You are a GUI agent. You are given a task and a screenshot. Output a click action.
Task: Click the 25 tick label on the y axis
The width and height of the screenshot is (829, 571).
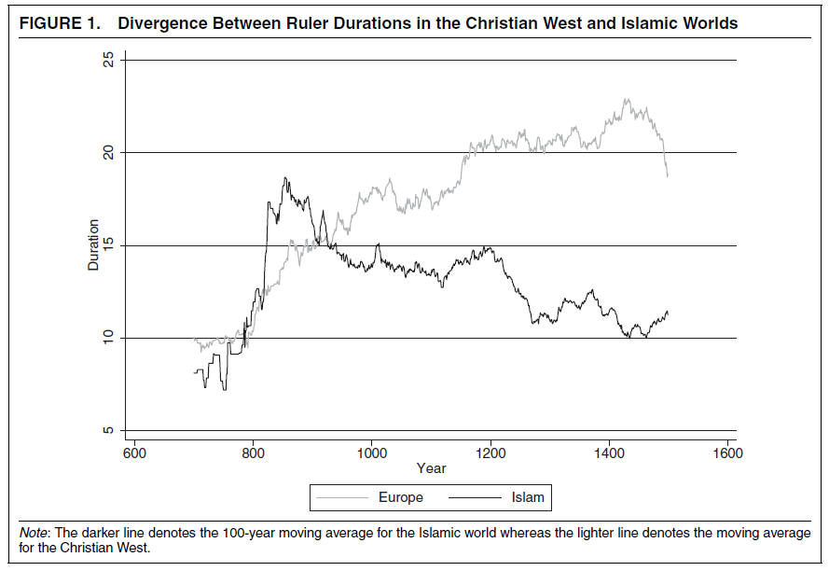[108, 60]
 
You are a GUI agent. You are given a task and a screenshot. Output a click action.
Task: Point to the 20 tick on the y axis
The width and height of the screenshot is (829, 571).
[120, 152]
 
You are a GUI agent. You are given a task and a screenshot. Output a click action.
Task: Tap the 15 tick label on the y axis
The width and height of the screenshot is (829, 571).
[108, 245]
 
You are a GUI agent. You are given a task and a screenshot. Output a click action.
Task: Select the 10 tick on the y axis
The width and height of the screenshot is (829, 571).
[120, 338]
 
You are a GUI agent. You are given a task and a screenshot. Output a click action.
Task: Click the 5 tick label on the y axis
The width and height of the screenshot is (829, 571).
[108, 430]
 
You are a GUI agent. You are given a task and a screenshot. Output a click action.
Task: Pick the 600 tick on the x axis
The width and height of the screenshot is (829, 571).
[134, 443]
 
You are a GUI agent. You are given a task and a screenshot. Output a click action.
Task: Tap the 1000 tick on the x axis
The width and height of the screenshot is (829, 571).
[371, 443]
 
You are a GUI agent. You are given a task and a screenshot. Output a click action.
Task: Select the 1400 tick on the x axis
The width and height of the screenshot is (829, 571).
[608, 443]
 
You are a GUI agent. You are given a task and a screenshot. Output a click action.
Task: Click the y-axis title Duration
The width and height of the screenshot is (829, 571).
[93, 245]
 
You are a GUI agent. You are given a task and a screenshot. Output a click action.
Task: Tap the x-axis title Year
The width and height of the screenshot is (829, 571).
[431, 468]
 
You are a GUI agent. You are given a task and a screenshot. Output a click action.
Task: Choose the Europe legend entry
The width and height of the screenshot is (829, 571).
[400, 497]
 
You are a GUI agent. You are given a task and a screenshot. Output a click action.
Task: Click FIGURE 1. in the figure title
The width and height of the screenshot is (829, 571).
[60, 23]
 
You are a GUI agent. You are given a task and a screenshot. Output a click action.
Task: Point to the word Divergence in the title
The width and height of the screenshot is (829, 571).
[166, 23]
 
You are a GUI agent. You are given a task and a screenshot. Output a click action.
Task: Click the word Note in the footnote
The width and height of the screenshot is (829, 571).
[35, 532]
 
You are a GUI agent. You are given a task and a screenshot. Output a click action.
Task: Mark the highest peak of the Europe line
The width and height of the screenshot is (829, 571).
[626, 99]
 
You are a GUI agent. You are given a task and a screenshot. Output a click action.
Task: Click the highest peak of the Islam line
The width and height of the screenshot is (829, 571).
[286, 177]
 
